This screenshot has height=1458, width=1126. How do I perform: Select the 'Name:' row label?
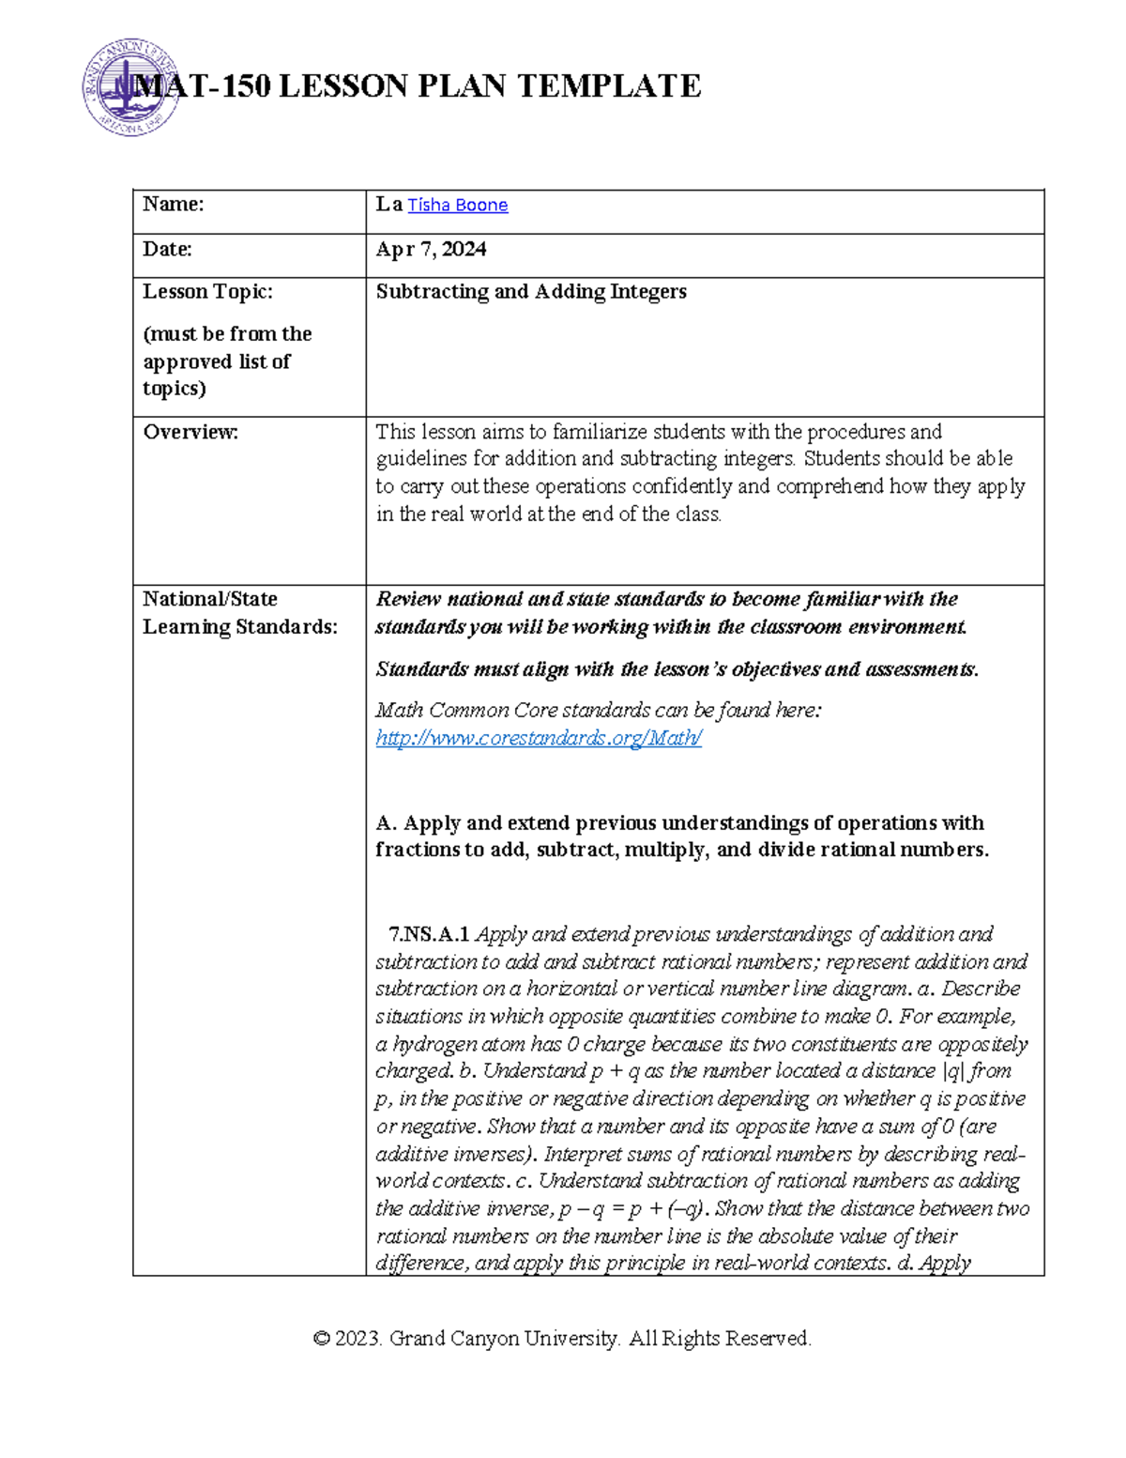(x=173, y=205)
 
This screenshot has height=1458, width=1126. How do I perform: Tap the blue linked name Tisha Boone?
(x=457, y=206)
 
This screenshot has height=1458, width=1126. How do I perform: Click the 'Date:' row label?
(x=167, y=250)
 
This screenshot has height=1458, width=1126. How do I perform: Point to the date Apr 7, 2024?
(x=431, y=250)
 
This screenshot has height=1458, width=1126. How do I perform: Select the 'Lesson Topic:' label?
(x=207, y=292)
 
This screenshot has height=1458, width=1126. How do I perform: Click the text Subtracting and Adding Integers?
(x=531, y=292)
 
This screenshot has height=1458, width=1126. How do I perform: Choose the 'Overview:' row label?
(x=190, y=432)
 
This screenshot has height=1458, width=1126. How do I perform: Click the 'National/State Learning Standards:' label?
(x=239, y=613)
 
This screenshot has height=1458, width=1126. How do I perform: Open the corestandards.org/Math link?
(x=539, y=739)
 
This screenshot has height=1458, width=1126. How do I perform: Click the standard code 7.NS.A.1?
(x=429, y=935)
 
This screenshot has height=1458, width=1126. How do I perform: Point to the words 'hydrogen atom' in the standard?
(x=448, y=1045)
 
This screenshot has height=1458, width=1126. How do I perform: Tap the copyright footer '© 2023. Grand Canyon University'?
(x=562, y=1339)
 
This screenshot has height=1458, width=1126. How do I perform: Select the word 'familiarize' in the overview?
(x=601, y=432)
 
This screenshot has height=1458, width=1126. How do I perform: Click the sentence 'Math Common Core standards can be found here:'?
(x=598, y=711)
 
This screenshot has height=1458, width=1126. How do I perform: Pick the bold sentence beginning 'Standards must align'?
(x=677, y=669)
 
